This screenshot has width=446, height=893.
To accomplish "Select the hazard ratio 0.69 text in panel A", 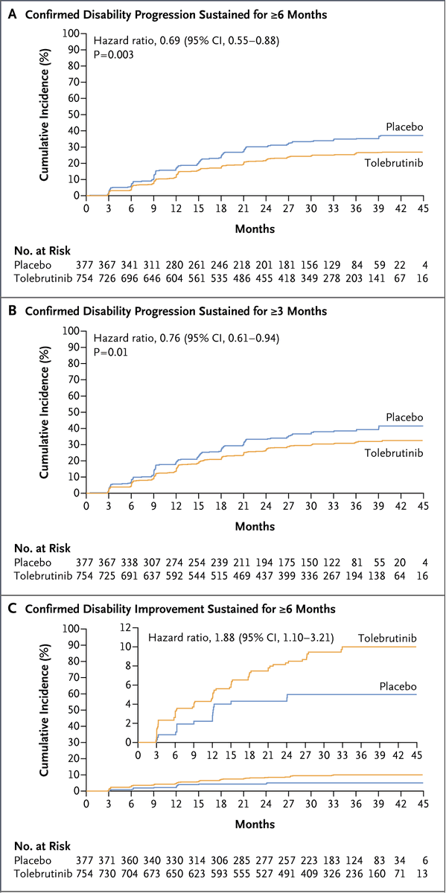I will (x=186, y=42).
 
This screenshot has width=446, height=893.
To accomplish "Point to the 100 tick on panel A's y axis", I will (x=71, y=33).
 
